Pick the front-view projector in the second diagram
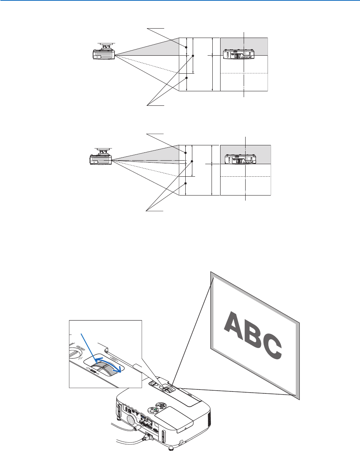(x=240, y=159)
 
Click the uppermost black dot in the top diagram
(x=186, y=47)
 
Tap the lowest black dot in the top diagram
(x=186, y=78)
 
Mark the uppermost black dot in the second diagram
(x=185, y=151)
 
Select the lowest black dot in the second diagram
(x=185, y=183)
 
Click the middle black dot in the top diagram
(x=193, y=56)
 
